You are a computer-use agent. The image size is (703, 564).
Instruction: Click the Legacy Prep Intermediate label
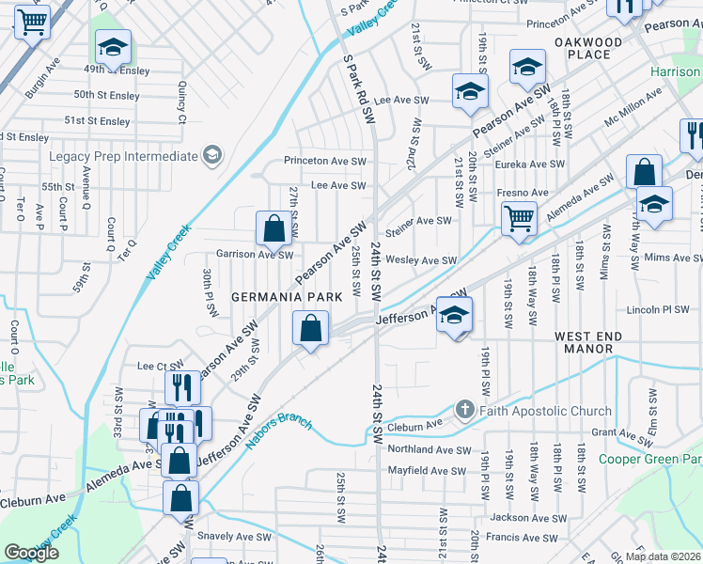(x=123, y=156)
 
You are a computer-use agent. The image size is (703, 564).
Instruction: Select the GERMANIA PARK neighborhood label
(x=287, y=297)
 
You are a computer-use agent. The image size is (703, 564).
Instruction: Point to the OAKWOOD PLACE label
(x=588, y=49)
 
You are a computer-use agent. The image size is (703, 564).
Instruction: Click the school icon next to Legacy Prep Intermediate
(x=213, y=155)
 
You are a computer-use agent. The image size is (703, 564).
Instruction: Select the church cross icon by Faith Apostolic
(x=463, y=410)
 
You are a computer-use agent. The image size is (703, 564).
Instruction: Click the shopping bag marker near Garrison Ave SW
(x=273, y=227)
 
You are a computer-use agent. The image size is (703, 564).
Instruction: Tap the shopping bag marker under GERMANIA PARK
(x=310, y=329)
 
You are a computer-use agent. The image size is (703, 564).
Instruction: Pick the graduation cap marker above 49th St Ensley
(x=113, y=47)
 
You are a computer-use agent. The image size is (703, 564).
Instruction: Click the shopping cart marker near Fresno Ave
(x=519, y=219)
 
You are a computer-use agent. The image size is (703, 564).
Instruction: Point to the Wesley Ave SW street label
(x=421, y=260)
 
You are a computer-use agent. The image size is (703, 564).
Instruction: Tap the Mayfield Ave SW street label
(x=427, y=471)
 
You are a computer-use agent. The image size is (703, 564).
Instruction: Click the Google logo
(x=32, y=553)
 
